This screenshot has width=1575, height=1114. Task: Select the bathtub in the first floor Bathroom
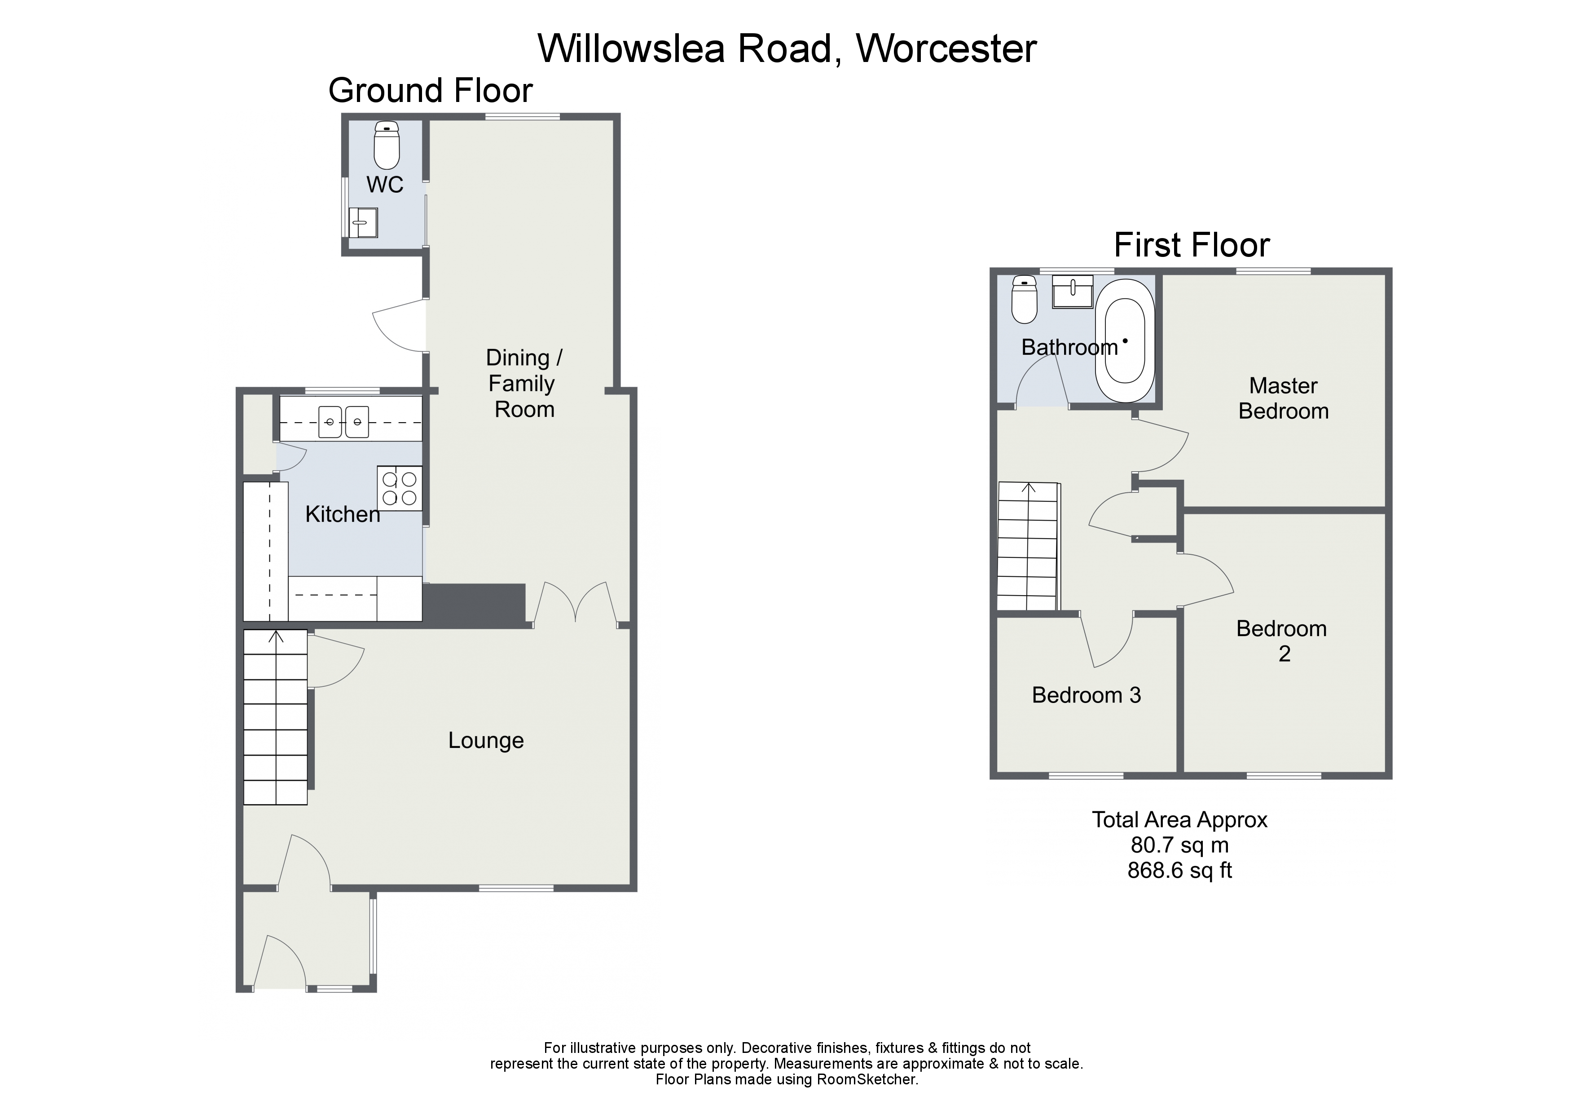point(1124,340)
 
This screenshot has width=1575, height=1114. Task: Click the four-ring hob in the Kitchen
point(399,488)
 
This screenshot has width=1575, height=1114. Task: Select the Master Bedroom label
point(1284,398)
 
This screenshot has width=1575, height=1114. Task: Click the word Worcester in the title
point(946,48)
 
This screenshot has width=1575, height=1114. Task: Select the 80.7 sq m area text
point(1180,845)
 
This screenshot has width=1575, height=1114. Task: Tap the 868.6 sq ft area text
point(1180,871)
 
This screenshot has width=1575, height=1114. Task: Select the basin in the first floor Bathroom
point(1072,292)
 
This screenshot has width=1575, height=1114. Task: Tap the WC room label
point(385,184)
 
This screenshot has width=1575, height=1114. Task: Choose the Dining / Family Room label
point(524,383)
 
